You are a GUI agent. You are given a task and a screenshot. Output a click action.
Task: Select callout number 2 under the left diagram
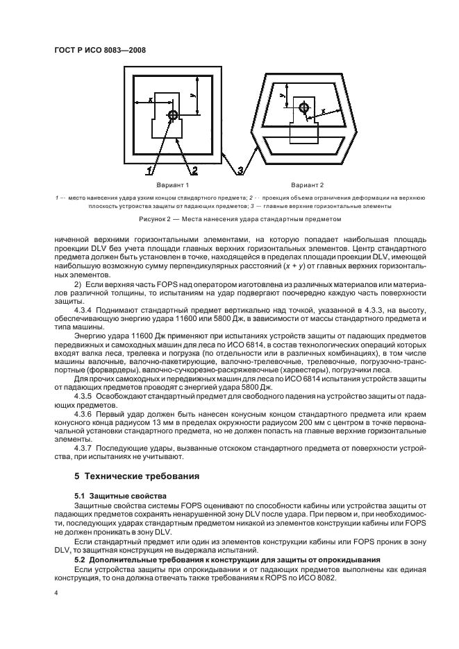(x=195, y=169)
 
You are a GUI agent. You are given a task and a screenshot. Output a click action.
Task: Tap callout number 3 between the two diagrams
(x=240, y=169)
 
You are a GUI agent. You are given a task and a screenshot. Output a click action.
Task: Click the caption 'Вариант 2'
(x=308, y=186)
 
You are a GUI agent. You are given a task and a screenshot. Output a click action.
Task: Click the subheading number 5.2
(x=81, y=558)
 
